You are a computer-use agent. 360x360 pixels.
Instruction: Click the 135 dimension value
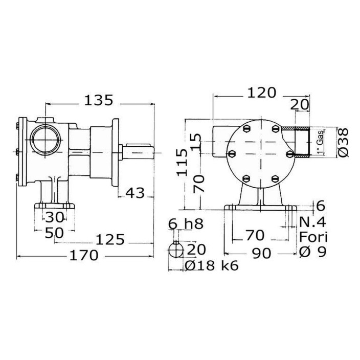pos(99,100)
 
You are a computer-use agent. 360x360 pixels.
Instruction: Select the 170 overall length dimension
pos(83,255)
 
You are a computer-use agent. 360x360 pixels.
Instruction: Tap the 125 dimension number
pos(110,239)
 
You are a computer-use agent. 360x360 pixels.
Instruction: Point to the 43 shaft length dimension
pos(135,193)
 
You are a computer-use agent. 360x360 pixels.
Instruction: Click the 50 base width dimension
pos(54,233)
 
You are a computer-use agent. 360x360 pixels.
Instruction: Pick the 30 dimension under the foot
pos(54,217)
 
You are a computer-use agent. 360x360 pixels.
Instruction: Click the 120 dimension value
pos(261,93)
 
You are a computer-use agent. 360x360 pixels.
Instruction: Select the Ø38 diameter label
pos(343,143)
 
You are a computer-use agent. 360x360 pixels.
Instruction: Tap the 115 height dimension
pos(183,162)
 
